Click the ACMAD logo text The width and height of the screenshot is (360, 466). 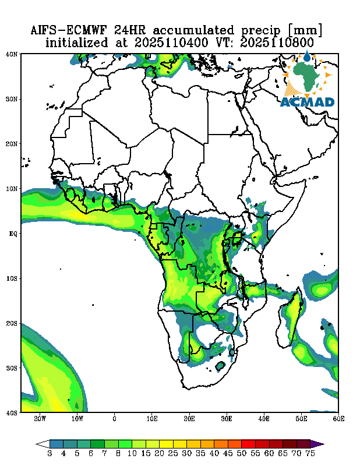click(x=308, y=103)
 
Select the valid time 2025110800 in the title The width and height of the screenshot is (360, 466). click(x=282, y=43)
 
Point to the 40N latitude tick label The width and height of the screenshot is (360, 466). click(x=12, y=54)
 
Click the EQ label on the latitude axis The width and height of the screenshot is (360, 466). click(x=13, y=234)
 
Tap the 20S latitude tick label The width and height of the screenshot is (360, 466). click(x=12, y=323)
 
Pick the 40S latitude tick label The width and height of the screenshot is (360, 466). click(x=12, y=412)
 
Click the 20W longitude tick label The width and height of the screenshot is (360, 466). click(x=40, y=419)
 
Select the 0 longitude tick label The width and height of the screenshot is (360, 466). click(x=115, y=419)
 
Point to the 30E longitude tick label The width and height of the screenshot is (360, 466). click(x=227, y=419)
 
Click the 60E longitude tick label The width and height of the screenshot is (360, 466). click(x=338, y=419)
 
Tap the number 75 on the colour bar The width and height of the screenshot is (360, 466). click(x=311, y=453)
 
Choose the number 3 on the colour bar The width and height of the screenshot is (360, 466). click(x=50, y=453)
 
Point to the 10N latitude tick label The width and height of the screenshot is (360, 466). click(x=12, y=189)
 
